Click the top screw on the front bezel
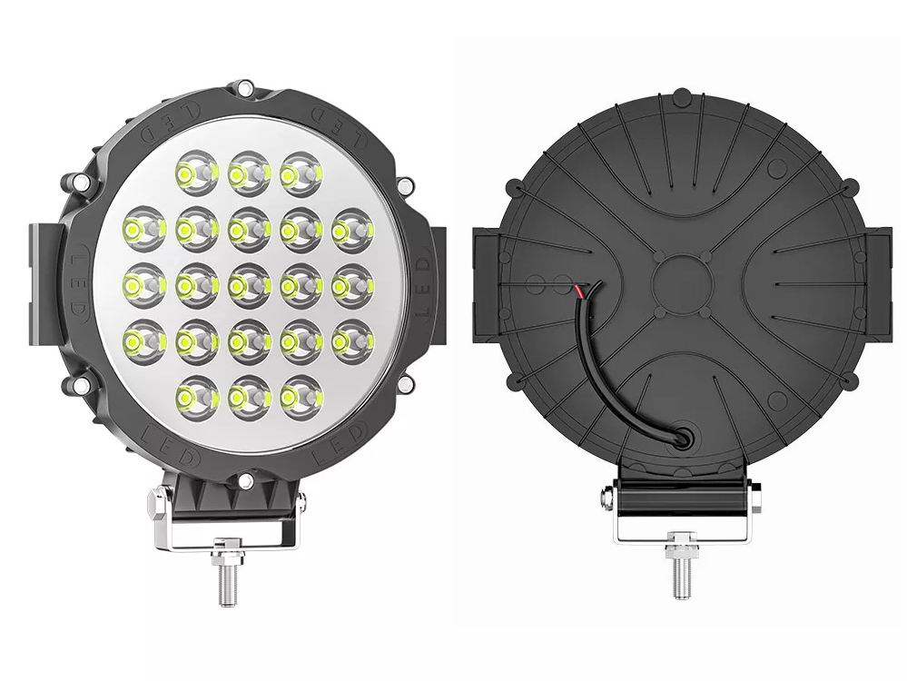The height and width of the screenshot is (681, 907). point(245,89)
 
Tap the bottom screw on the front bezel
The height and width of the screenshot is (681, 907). point(245,481)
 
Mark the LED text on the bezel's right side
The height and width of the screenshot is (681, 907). point(419,286)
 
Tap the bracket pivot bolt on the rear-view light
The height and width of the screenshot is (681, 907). point(606,498)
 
